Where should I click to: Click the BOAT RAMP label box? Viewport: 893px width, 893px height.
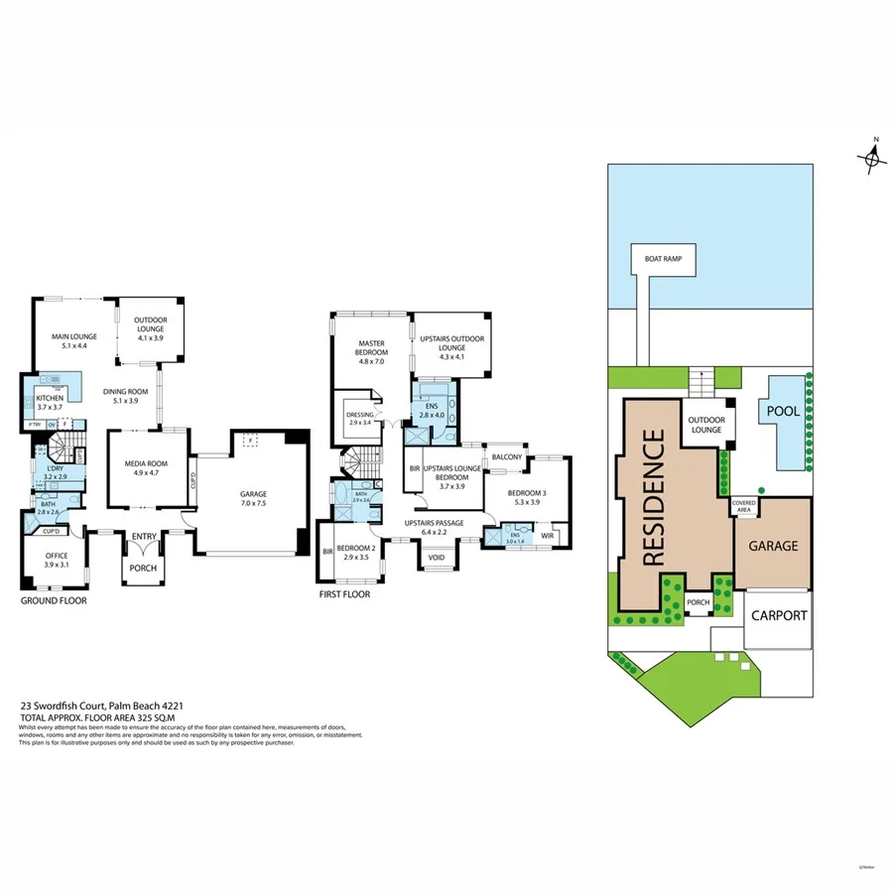[x=664, y=260]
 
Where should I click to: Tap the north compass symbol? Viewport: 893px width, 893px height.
[x=871, y=157]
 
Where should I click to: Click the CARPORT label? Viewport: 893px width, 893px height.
[x=778, y=615]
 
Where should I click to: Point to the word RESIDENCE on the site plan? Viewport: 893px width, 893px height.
[x=655, y=498]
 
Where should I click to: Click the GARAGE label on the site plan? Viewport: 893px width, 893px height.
[x=772, y=545]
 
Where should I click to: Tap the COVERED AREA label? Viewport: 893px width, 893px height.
[x=744, y=505]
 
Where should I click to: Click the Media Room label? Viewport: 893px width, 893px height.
[x=147, y=468]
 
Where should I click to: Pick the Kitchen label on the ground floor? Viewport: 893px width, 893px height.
[x=50, y=402]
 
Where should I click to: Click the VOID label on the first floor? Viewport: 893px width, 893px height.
[x=437, y=558]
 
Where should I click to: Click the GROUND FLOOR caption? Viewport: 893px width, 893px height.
[x=54, y=601]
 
